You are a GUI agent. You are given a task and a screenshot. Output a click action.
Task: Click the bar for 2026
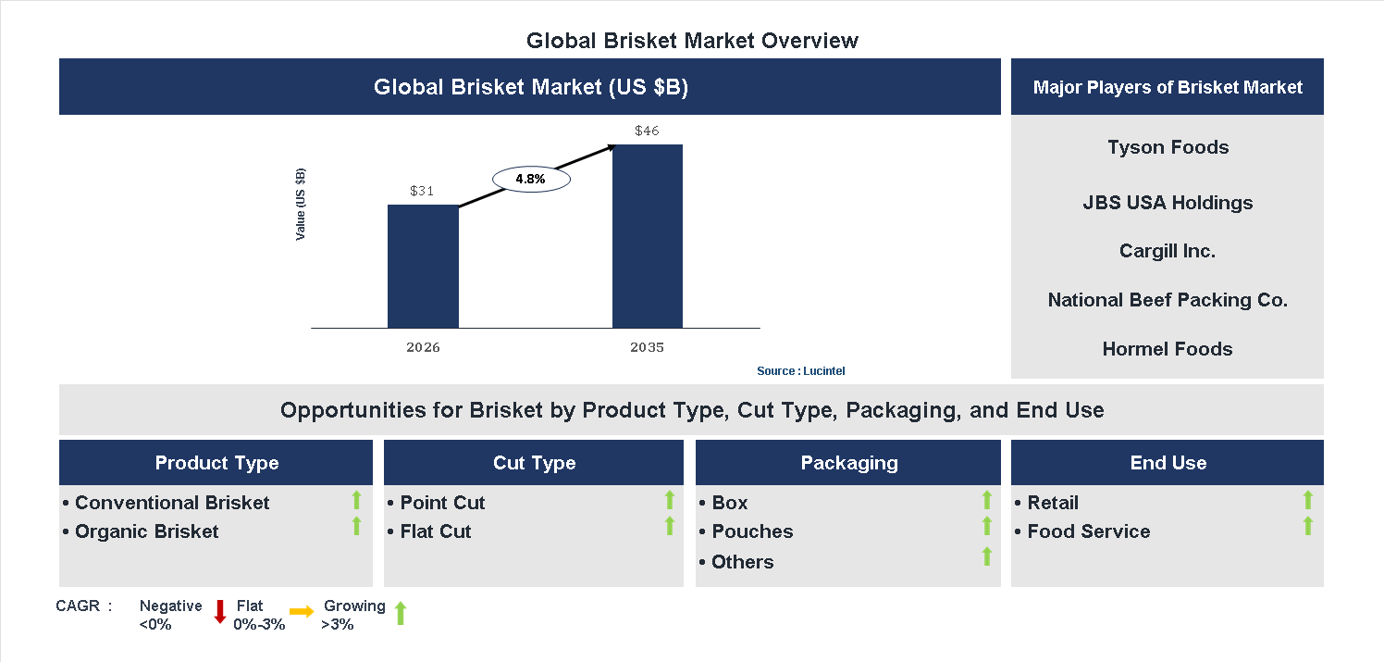(423, 266)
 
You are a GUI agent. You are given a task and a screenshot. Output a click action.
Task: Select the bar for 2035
(648, 236)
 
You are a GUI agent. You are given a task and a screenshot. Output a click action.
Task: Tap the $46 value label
(647, 131)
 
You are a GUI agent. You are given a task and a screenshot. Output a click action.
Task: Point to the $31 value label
(422, 192)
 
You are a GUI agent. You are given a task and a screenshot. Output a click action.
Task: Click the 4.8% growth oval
(530, 179)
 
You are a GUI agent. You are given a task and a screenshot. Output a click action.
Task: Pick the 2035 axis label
(647, 348)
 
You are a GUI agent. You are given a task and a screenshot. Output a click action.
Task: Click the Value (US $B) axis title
(301, 205)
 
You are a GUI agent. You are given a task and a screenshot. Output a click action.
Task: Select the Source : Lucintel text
(800, 371)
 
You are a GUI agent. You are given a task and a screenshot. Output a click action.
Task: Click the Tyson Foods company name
(1168, 147)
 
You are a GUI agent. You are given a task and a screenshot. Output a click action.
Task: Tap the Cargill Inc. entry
(1167, 251)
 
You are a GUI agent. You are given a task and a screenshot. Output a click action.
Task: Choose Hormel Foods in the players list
(1167, 349)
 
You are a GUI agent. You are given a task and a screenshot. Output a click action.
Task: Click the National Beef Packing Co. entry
(1167, 300)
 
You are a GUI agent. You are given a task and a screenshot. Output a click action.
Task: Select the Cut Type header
(534, 463)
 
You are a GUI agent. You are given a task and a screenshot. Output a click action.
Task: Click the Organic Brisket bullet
(146, 531)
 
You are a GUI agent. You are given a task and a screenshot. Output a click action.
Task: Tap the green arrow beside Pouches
(987, 527)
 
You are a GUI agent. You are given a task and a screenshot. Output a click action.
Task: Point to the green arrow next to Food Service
(1307, 527)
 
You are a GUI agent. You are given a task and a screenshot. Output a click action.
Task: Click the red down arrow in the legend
(220, 611)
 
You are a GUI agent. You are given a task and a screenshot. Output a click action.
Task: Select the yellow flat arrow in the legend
(302, 611)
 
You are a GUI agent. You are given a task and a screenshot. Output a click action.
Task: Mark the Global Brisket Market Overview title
(692, 41)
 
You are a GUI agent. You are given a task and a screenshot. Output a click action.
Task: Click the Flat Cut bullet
(435, 531)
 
